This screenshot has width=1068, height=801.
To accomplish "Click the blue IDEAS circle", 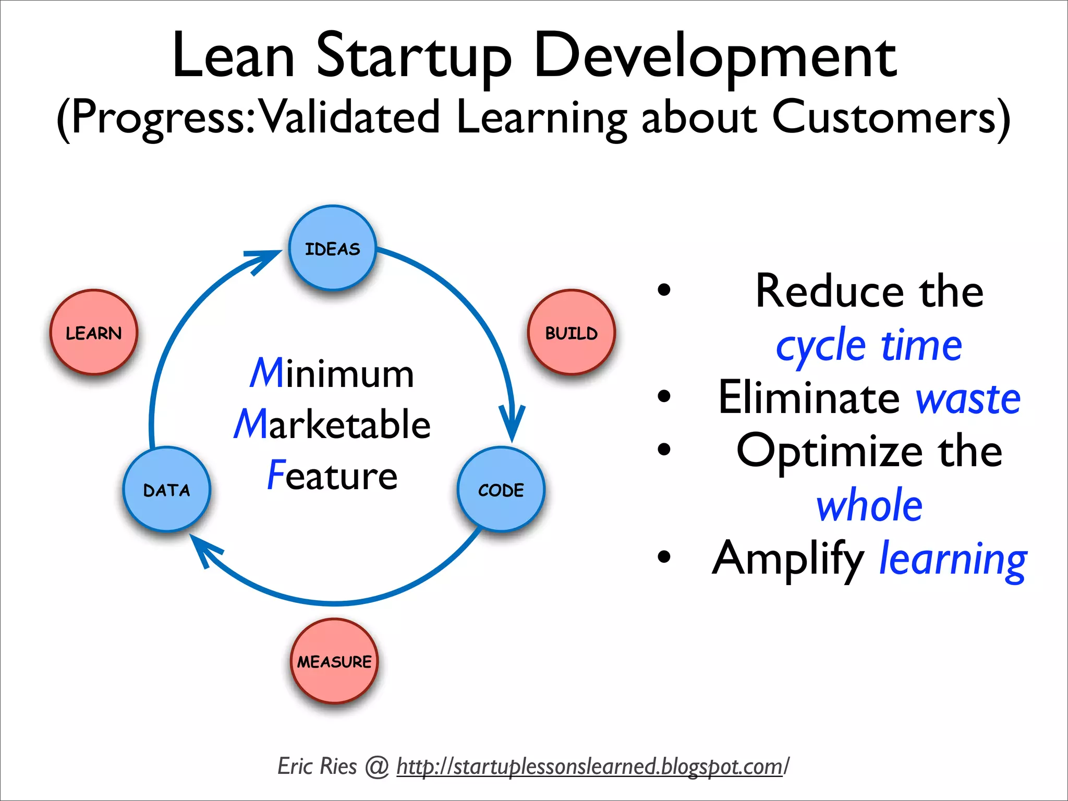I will (x=333, y=248).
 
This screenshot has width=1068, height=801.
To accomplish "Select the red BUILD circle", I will (x=571, y=333).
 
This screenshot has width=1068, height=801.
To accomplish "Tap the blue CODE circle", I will (x=501, y=490).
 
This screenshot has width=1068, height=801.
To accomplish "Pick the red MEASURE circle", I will (x=334, y=661).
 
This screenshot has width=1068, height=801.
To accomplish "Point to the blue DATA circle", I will (x=167, y=490).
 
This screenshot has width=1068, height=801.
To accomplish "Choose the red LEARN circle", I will (x=94, y=333).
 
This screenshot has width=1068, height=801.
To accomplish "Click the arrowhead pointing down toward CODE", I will (x=512, y=425).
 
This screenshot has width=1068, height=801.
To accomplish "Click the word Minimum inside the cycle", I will (x=332, y=373).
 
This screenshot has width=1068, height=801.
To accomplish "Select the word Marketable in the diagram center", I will (x=332, y=424).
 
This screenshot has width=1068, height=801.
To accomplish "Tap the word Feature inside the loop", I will (x=332, y=475).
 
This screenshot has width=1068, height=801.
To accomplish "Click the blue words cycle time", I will (x=869, y=346).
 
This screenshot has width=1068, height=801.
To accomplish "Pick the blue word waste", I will (x=968, y=399).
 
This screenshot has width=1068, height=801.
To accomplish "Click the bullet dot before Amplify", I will (x=664, y=556).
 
